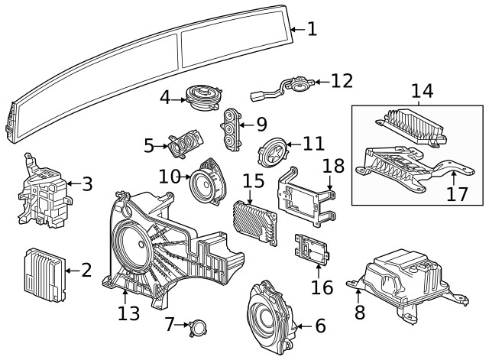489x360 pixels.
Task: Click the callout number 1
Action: coord(311,30)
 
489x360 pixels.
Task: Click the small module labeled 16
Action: coord(310,249)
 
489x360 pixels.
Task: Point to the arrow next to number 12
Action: coord(319,80)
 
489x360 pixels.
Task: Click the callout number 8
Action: coord(359,312)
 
